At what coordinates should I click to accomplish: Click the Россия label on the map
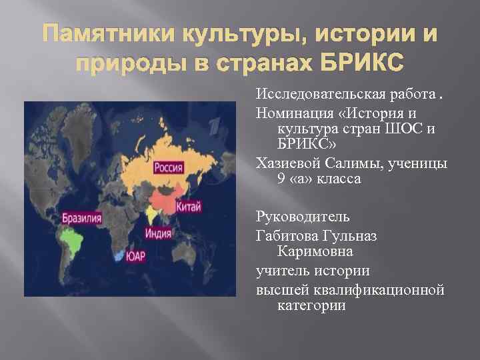169,167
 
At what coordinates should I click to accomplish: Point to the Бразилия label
82,218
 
